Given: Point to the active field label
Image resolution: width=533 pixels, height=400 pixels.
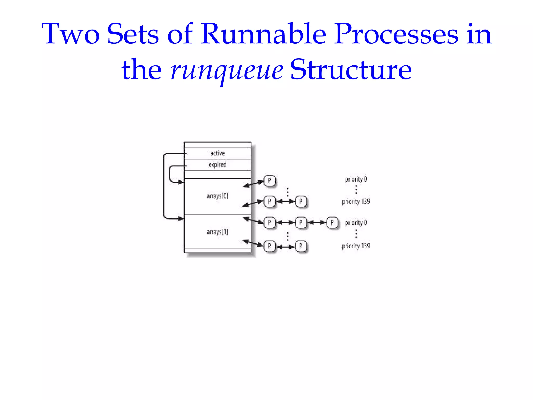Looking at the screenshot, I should click(218, 153).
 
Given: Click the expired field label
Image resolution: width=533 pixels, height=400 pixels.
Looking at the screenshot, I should click(218, 165).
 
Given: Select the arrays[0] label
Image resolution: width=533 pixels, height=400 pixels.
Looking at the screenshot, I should click(218, 196).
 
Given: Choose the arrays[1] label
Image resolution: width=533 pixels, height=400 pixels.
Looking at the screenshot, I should click(218, 232).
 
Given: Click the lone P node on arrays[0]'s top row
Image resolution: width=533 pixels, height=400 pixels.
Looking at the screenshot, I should click(269, 180).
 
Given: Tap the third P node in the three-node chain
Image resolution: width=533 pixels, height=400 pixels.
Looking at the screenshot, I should click(332, 222).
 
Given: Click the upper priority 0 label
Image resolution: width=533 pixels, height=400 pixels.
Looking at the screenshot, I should click(356, 179).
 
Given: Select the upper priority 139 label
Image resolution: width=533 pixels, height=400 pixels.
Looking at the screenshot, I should click(356, 201).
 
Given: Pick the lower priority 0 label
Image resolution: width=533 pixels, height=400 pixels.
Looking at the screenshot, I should click(356, 223).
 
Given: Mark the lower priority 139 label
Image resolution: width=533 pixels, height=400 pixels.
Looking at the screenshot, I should click(356, 246).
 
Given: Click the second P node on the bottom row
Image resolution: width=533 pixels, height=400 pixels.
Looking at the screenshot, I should click(301, 246).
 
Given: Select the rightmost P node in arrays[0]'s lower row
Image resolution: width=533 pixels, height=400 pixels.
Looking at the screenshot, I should click(301, 201).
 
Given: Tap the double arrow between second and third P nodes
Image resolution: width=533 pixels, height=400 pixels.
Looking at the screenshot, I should click(316, 222).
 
